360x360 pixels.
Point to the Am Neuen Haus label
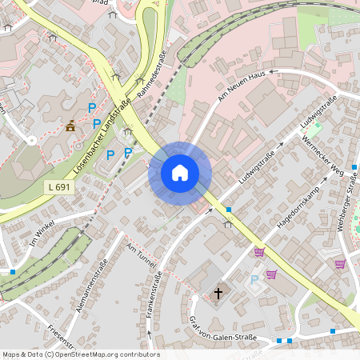(x=241, y=86)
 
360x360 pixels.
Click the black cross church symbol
(x=218, y=294)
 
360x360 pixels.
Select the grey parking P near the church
(x=254, y=279)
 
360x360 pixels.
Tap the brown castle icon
(x=70, y=126)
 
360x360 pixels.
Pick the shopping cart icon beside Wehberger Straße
(x=340, y=264)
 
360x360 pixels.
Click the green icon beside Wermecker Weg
(x=316, y=127)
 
